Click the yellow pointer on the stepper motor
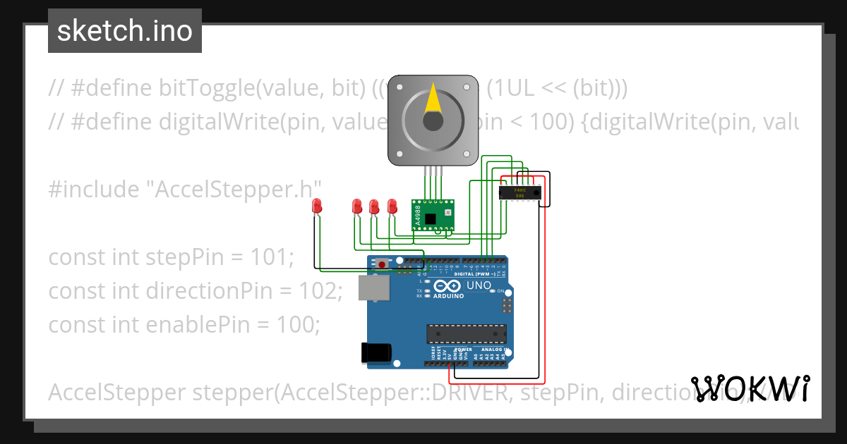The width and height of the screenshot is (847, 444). point(433,100)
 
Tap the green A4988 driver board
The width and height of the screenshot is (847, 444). point(432,214)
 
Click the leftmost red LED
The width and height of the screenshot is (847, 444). point(317,206)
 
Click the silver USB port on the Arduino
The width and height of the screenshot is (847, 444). point(373,288)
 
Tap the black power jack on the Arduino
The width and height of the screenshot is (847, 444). point(373,352)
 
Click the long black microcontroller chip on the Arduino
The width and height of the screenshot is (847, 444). point(467,333)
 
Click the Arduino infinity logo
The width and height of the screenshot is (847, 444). point(449,287)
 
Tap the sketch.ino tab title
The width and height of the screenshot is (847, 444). point(125,31)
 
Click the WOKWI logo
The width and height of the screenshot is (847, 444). point(750,389)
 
